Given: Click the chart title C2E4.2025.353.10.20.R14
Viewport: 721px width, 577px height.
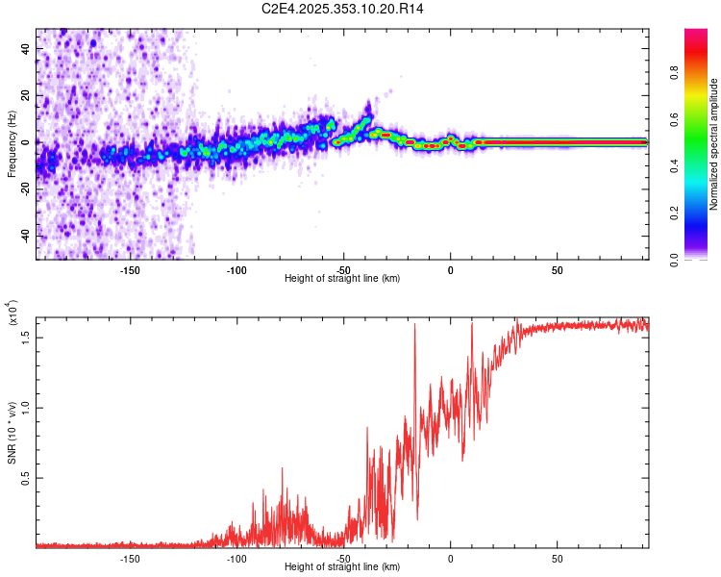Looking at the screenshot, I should point(343,9).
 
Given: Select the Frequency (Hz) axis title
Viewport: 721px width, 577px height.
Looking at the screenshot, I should point(12,144).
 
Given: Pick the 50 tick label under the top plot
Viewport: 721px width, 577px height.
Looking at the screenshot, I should point(558,270).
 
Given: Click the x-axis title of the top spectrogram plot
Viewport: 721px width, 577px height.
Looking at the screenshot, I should point(342,279).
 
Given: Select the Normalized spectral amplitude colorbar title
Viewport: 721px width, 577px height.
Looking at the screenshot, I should point(714,144).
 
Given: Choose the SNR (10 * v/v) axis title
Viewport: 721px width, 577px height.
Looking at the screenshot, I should point(12,433).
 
